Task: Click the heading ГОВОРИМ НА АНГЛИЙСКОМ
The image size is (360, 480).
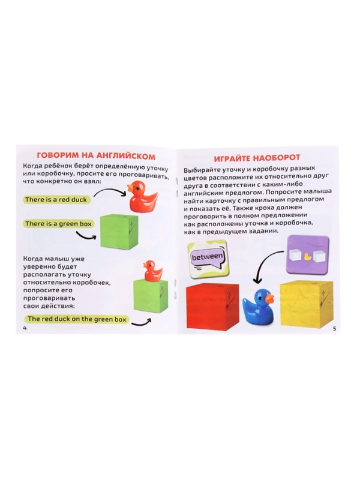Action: (x=95, y=156)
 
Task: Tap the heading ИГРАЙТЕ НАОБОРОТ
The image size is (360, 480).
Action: (x=257, y=158)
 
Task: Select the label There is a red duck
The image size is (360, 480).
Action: (x=56, y=200)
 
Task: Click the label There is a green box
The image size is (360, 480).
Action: (x=58, y=224)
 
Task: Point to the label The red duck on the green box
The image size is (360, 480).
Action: (x=77, y=319)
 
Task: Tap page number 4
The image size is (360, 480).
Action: (x=24, y=328)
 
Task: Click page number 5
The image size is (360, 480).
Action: (x=334, y=329)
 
